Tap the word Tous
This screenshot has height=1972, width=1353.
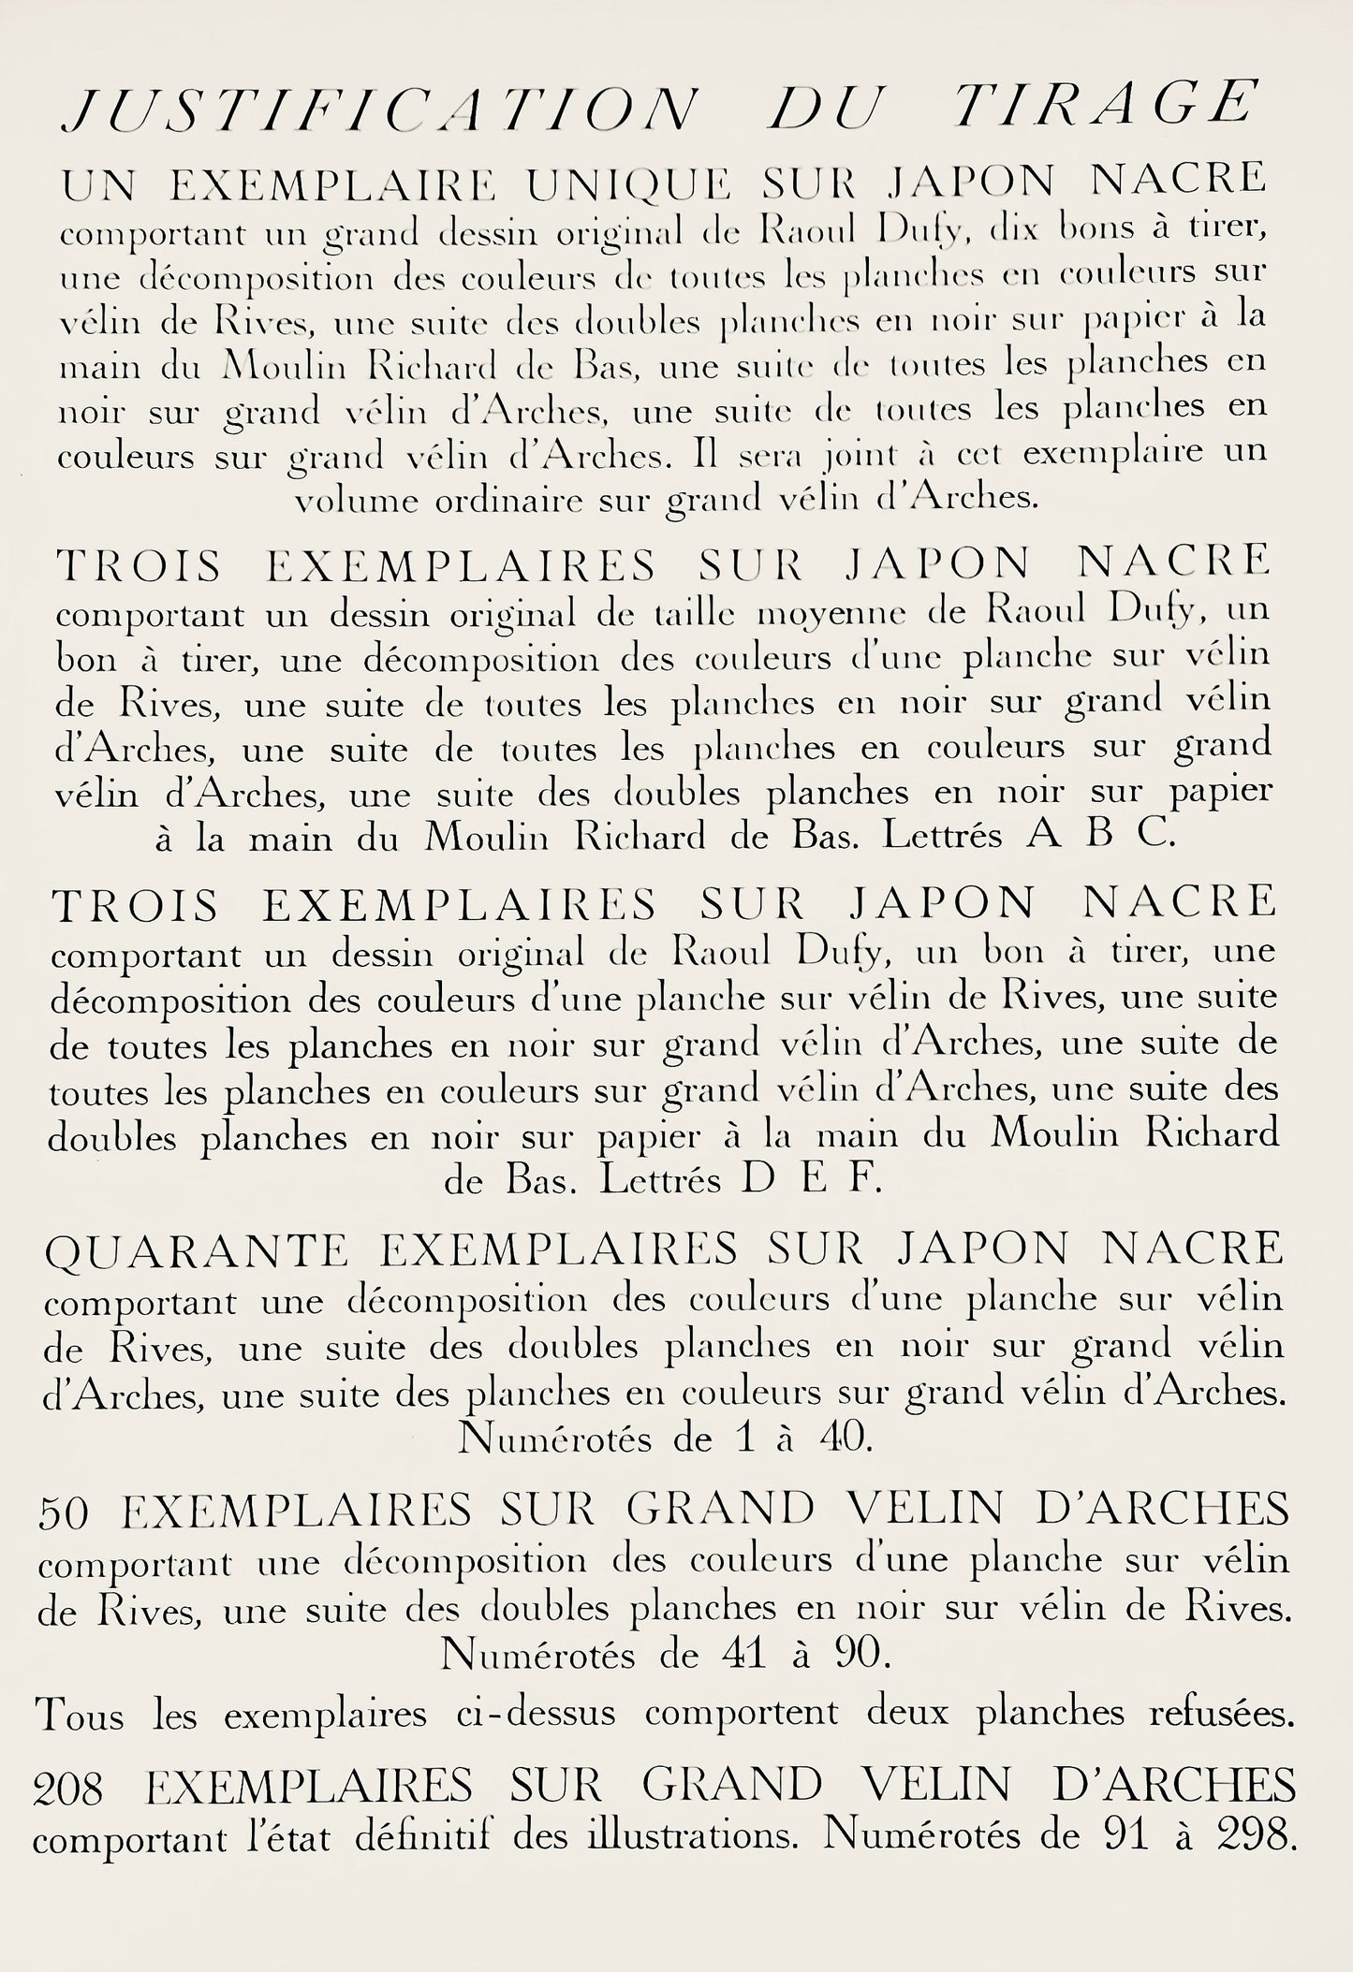click(x=78, y=1714)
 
